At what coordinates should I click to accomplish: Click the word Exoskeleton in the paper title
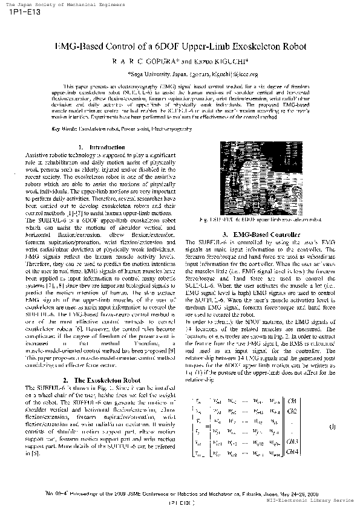click(x=240, y=47)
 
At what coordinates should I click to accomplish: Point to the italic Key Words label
click(x=64, y=129)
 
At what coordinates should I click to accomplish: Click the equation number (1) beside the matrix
click(x=332, y=427)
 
